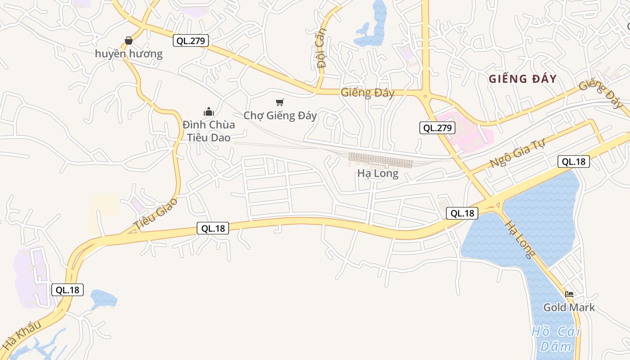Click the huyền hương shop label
[x=129, y=54]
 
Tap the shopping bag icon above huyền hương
[x=129, y=40]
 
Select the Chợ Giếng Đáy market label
[x=280, y=116]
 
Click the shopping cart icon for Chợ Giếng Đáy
[x=280, y=103]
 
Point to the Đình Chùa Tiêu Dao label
[x=208, y=131]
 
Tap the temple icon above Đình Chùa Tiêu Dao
[x=208, y=112]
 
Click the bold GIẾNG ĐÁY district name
[x=522, y=79]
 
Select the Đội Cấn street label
[x=321, y=48]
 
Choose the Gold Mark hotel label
[x=569, y=308]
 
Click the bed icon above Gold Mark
[x=569, y=294]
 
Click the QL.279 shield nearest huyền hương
[x=191, y=41]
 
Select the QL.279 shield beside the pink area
[x=437, y=128]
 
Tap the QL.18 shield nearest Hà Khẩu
[x=67, y=290]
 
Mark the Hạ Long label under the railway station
[x=378, y=174]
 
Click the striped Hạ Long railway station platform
[x=381, y=160]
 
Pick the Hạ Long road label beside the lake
[x=520, y=239]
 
